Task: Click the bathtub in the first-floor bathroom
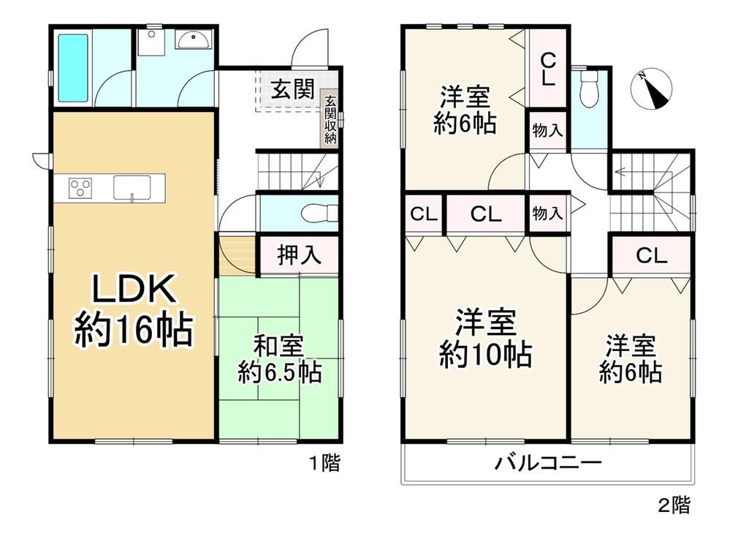[x=73, y=68]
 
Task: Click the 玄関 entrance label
[x=293, y=89]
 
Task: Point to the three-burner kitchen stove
[x=80, y=189]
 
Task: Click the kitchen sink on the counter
[x=132, y=188]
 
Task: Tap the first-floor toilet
[x=319, y=214]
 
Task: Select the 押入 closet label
[x=299, y=255]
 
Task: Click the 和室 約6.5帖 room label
[x=279, y=360]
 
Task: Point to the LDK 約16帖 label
[x=134, y=310]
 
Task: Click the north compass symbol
[x=651, y=89]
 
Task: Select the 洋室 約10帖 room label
[x=486, y=338]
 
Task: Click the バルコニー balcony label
[x=548, y=463]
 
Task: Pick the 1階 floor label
[x=325, y=463]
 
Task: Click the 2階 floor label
[x=674, y=505]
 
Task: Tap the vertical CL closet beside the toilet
[x=548, y=69]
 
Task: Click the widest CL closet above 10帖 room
[x=486, y=214]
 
